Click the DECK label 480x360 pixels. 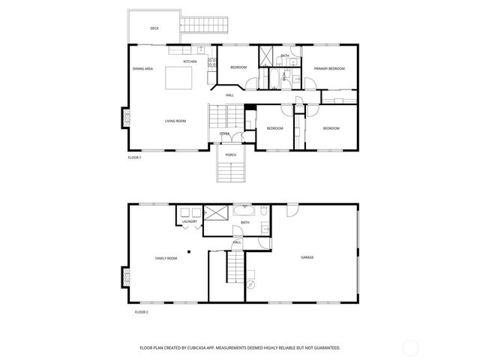point(154,28)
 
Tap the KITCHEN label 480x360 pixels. point(190,61)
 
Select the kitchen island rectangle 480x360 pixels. point(180,77)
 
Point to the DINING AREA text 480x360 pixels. point(143,69)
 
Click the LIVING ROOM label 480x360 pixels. point(175,121)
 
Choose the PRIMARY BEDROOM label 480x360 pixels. point(329,68)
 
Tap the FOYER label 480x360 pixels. point(224,133)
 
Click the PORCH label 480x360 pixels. point(231,154)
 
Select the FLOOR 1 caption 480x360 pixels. point(134,157)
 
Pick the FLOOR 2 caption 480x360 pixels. point(142,311)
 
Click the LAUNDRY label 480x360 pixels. point(190,221)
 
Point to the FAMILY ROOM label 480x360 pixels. point(166,258)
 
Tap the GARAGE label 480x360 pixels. point(307,257)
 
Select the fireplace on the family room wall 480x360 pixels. point(124,279)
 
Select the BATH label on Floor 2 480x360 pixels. point(245,223)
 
